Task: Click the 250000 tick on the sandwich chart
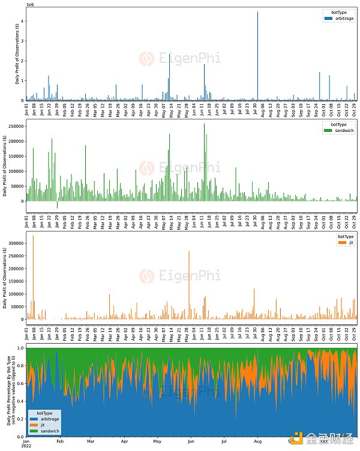[x=15, y=127]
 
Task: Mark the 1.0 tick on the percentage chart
[x=20, y=348]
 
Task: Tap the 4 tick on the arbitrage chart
[x=22, y=21]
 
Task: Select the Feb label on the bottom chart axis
[x=59, y=441]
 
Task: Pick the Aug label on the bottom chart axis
[x=259, y=441]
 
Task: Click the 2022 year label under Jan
[x=28, y=446]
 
